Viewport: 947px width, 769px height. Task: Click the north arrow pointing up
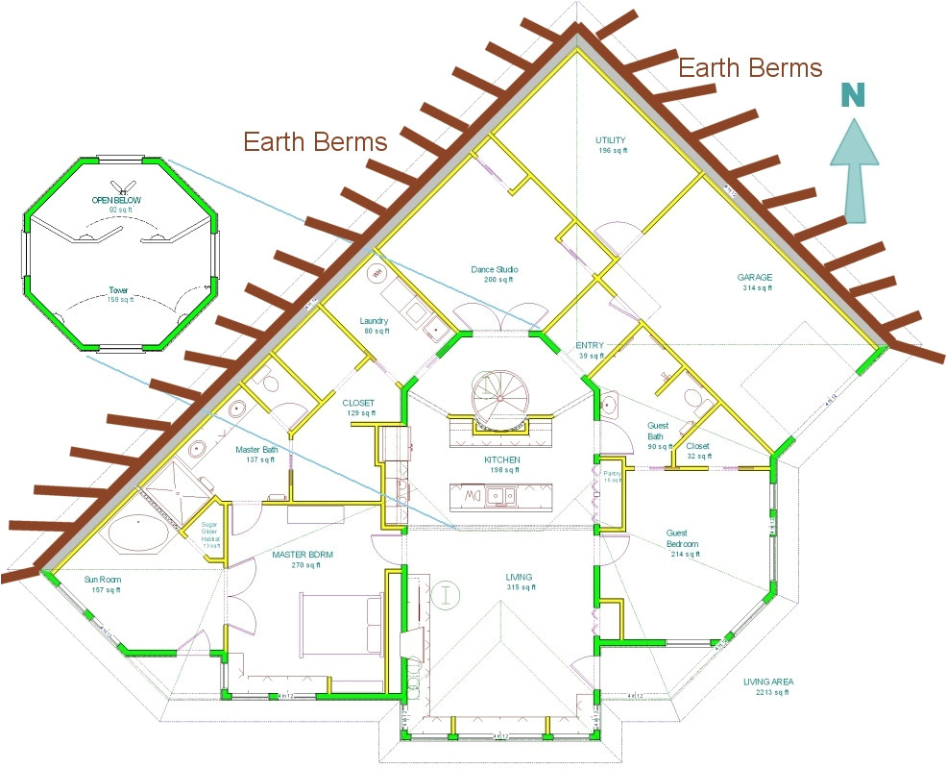click(x=854, y=169)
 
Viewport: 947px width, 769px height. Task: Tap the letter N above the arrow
click(x=852, y=94)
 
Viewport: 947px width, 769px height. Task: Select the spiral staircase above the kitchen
click(x=499, y=395)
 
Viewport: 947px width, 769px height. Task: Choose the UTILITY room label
click(x=611, y=145)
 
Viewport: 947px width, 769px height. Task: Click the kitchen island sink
click(x=498, y=496)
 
